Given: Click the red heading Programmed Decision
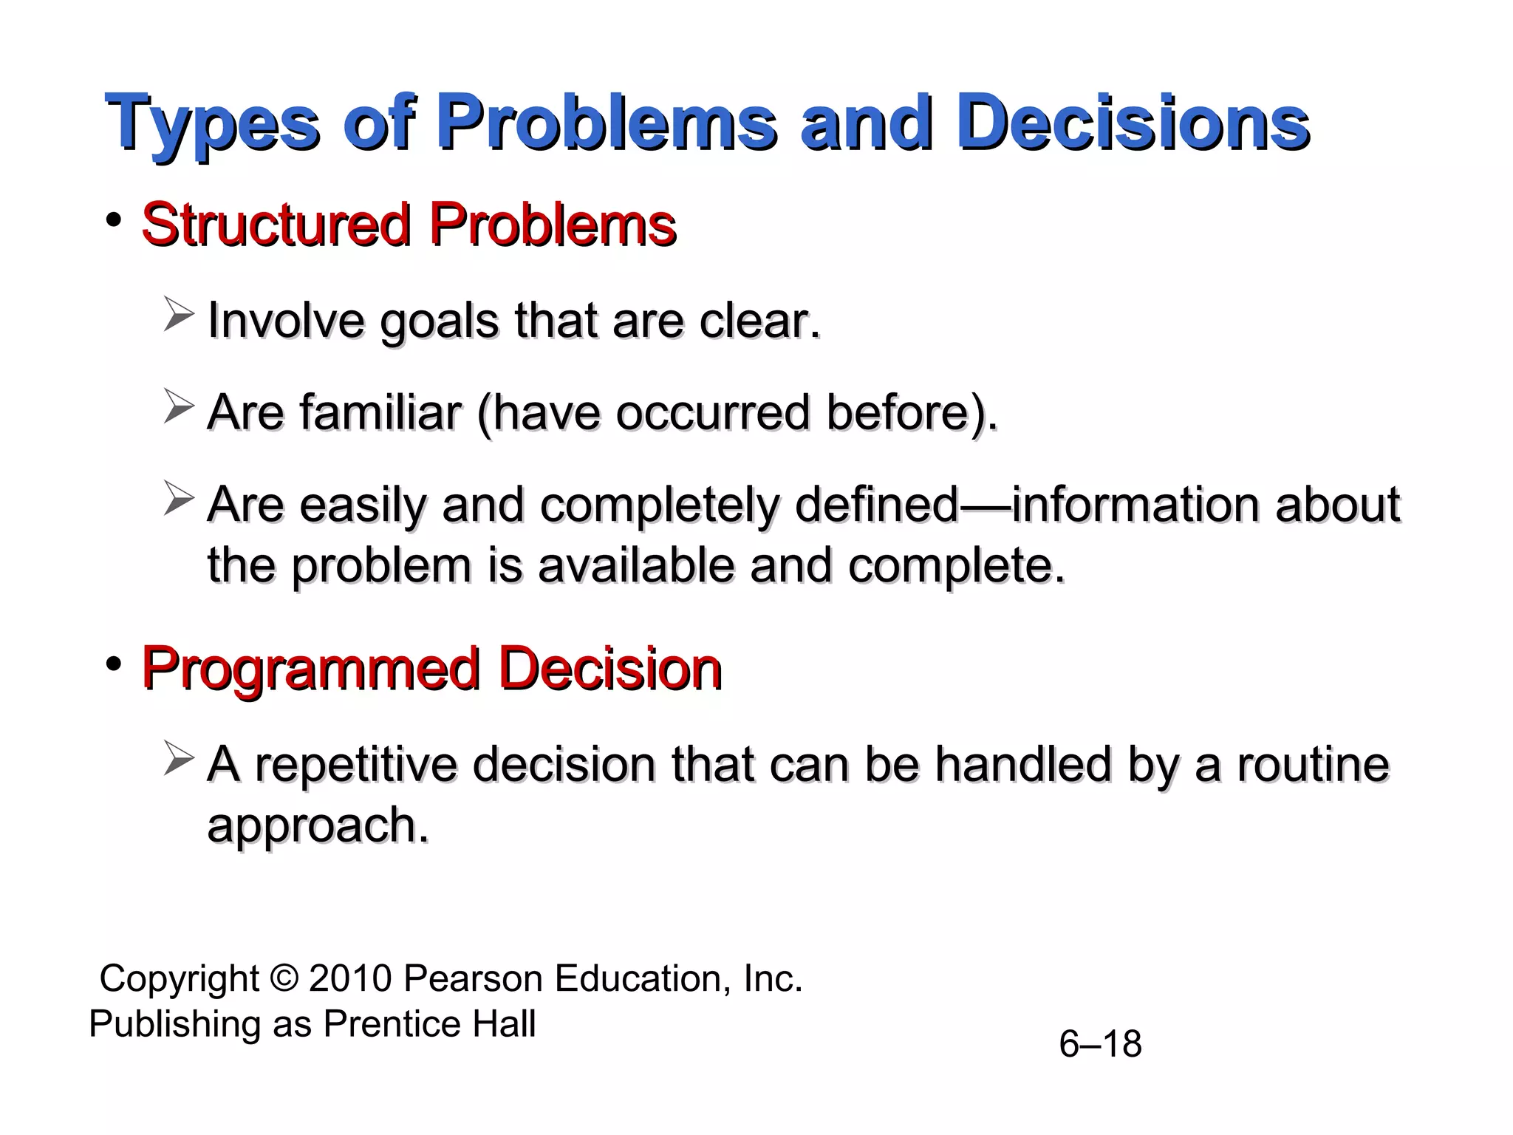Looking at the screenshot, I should [431, 669].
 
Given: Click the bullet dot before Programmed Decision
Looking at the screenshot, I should [113, 664].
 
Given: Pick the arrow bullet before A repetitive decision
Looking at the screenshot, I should [178, 758].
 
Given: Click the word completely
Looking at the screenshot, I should [659, 505].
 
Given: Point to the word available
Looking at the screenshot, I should [635, 566].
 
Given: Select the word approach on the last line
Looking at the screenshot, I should [318, 825].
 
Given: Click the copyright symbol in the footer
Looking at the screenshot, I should [284, 978].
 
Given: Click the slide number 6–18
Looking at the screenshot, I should [1100, 1044].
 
